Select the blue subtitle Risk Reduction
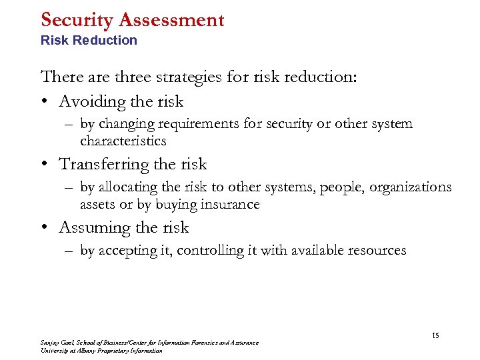(89, 40)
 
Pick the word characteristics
(123, 141)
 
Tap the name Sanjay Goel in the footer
(57, 343)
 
